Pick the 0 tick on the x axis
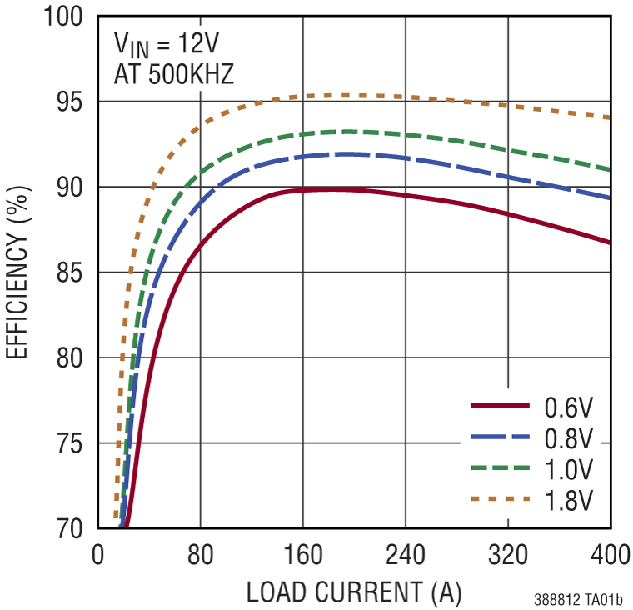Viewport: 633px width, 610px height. coord(97,553)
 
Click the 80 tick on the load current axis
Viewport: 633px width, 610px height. coord(200,553)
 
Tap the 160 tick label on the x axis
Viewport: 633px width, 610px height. coord(302,553)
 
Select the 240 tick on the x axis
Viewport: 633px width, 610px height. coord(405,553)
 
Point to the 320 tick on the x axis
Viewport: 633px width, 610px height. coord(507,553)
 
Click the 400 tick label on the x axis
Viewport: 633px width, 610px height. coord(610,553)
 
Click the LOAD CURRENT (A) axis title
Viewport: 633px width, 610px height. coord(353,592)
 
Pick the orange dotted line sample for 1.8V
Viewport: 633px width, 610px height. coord(501,498)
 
